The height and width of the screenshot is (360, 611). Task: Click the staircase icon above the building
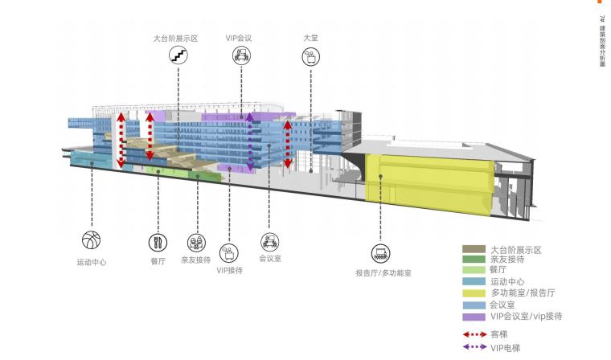coord(178,55)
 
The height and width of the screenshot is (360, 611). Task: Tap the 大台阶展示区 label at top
coord(175,38)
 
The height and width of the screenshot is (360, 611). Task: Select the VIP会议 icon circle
coord(240,55)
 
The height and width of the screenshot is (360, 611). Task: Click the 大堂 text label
coord(310,38)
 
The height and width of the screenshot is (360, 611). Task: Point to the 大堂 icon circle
coord(310,56)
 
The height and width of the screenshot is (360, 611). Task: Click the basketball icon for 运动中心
coord(91,241)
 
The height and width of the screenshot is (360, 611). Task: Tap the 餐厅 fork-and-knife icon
coord(157,241)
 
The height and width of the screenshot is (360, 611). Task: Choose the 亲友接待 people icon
coord(195,242)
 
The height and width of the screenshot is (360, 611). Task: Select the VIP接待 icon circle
coord(229,253)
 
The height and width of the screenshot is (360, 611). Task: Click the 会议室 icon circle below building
coord(269,240)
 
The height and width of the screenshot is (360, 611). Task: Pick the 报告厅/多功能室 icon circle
coord(382,253)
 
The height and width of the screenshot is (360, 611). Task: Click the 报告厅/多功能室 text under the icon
coord(383,273)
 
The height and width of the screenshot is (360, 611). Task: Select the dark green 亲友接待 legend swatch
coord(473,260)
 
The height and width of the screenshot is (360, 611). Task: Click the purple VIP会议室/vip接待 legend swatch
coord(473,317)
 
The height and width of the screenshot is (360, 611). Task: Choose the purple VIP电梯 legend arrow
coord(474,347)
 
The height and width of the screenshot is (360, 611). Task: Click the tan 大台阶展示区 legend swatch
coord(473,249)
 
